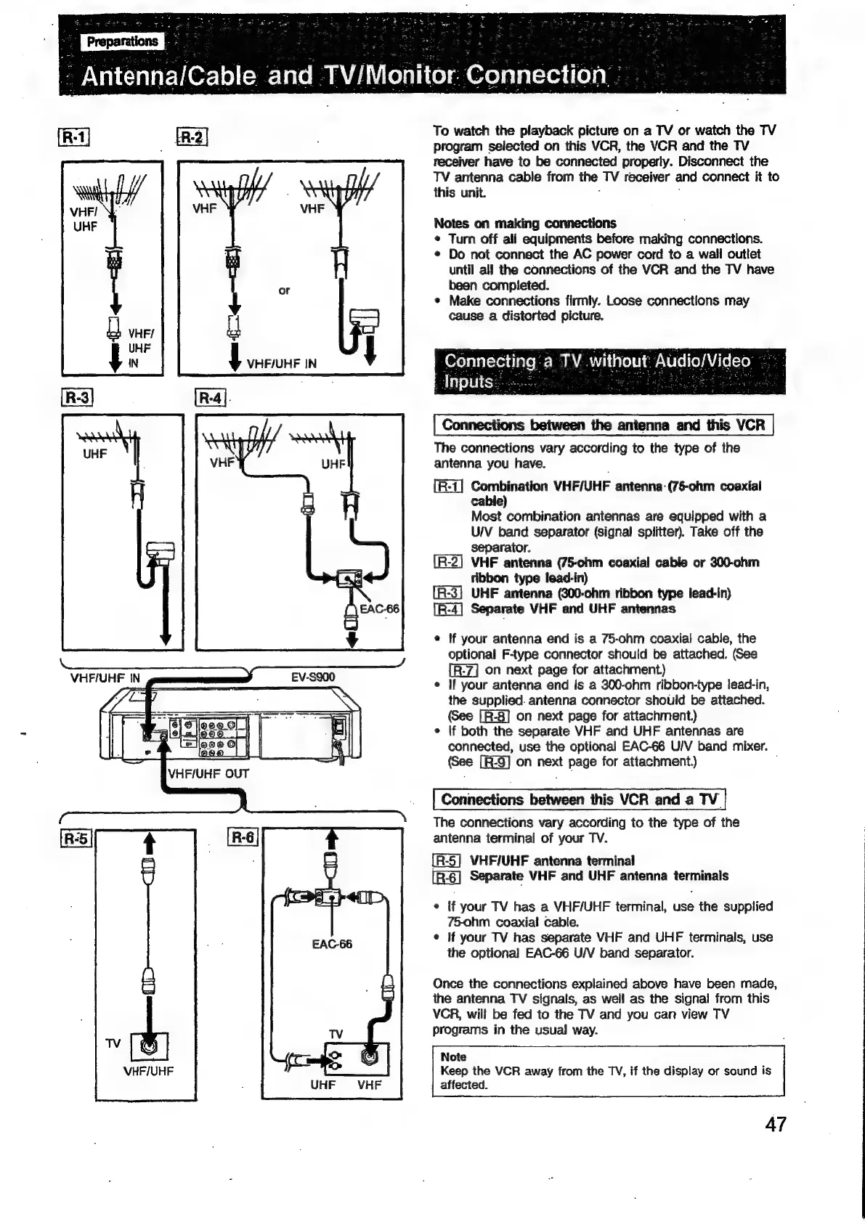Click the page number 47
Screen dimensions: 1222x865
coord(775,1125)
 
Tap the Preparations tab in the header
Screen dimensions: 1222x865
coord(123,41)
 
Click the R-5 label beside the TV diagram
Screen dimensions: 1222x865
coord(76,839)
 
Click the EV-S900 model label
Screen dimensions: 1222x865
coord(313,677)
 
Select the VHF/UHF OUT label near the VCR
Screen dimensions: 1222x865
coord(208,773)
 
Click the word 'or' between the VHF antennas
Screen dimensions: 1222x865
coord(283,290)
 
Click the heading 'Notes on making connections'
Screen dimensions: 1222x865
coord(524,223)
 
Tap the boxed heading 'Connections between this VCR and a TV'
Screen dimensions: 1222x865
coord(579,799)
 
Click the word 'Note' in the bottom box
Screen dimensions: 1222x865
coord(453,1056)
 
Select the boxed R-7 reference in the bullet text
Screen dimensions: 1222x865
coord(464,669)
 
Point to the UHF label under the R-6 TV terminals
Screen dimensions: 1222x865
coord(322,1085)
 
